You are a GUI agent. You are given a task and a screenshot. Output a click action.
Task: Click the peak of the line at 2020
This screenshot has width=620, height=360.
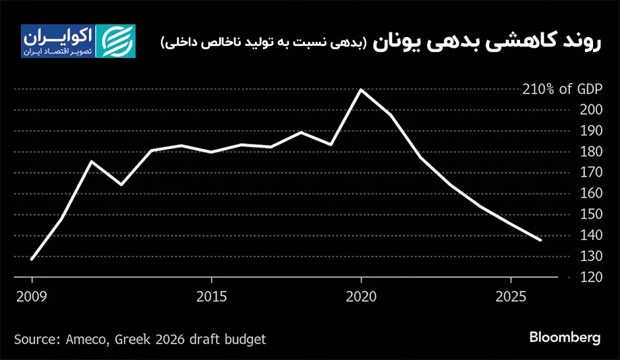(361, 90)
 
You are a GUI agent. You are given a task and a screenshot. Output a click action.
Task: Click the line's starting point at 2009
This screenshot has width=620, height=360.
(32, 259)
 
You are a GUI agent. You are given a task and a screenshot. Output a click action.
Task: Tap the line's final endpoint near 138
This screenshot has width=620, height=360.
(540, 239)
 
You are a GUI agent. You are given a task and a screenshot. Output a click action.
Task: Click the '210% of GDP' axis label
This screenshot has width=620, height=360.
(561, 89)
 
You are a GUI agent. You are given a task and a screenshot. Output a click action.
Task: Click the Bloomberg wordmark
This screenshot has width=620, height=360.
(565, 337)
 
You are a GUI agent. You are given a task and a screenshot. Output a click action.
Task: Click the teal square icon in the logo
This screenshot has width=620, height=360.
(115, 41)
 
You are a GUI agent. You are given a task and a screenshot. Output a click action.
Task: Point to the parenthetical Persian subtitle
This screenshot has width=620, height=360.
(264, 42)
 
